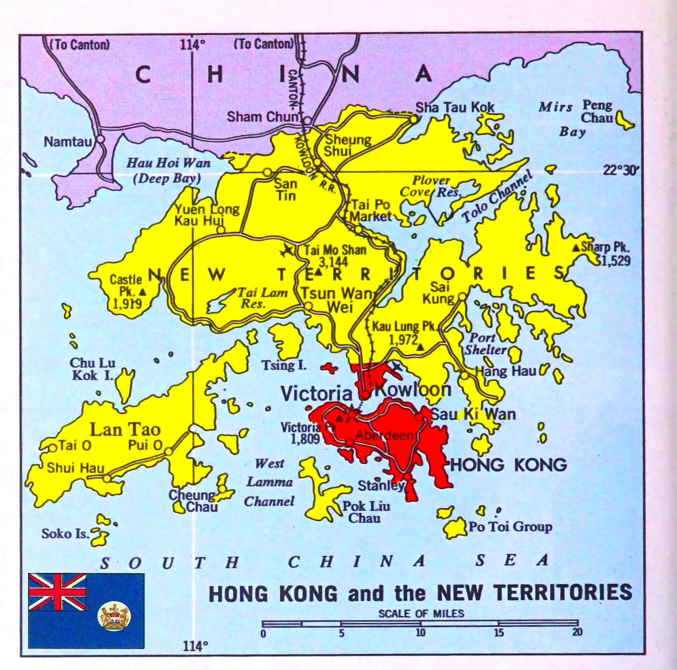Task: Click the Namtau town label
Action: coord(68,142)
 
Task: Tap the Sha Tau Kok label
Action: coord(455,107)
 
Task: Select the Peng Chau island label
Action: coord(597,111)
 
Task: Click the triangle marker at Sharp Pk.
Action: coord(575,247)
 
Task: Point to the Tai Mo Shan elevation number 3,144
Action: coord(333,262)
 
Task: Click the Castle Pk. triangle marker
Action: coord(143,292)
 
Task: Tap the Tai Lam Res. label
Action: coord(261,298)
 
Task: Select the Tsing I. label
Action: coord(284,365)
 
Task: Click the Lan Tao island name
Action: coord(125,429)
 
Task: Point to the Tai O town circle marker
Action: coord(52,448)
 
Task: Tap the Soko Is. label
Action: coord(65,533)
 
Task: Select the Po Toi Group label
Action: coord(510,527)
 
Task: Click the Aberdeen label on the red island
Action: coord(384,435)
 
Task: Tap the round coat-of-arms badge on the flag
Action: coord(114,616)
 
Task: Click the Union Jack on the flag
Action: coord(58,592)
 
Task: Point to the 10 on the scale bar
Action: coord(420,633)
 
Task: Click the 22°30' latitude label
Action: coord(621,170)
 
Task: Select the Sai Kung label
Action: coord(439,292)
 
